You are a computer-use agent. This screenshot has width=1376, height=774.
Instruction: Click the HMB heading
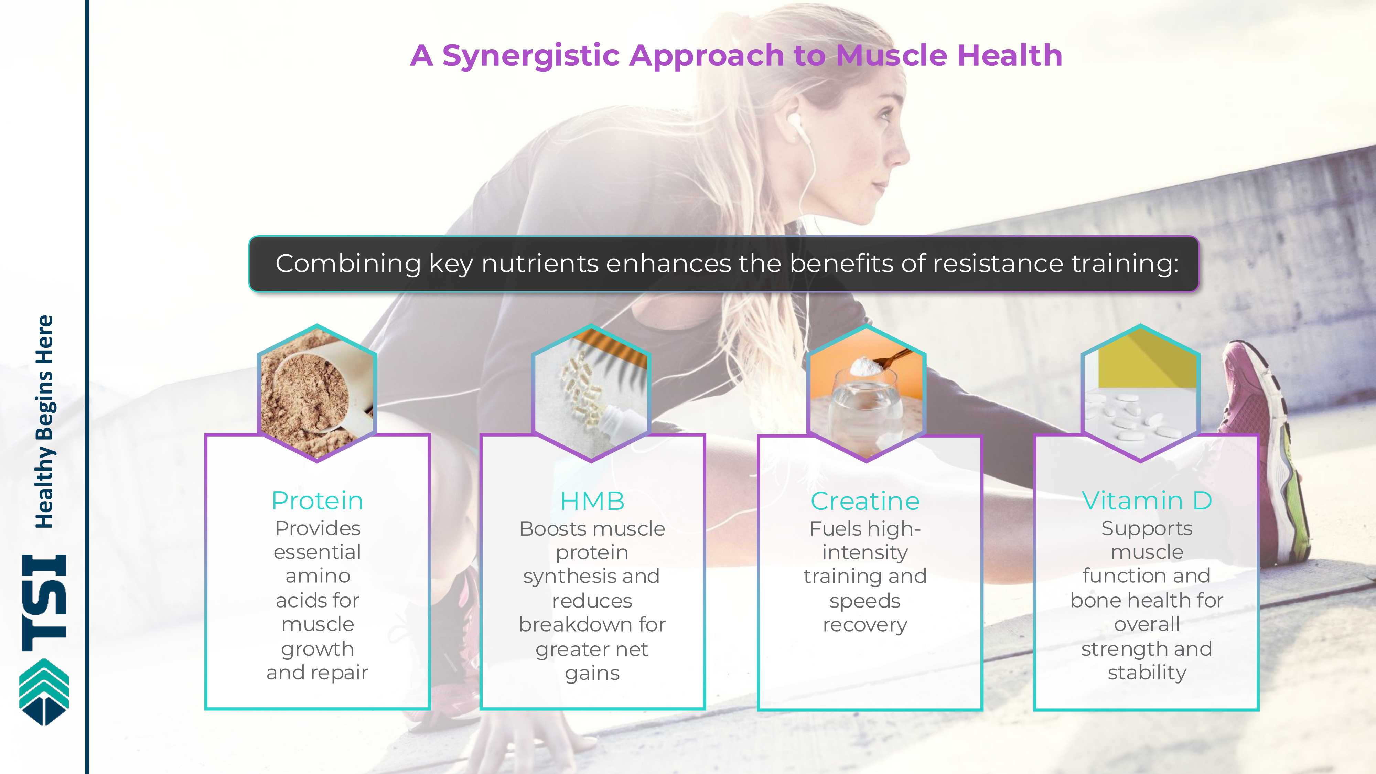(592, 501)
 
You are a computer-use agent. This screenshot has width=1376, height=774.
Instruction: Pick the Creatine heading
(866, 501)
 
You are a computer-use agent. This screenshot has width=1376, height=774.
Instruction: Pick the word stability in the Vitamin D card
(1147, 673)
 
